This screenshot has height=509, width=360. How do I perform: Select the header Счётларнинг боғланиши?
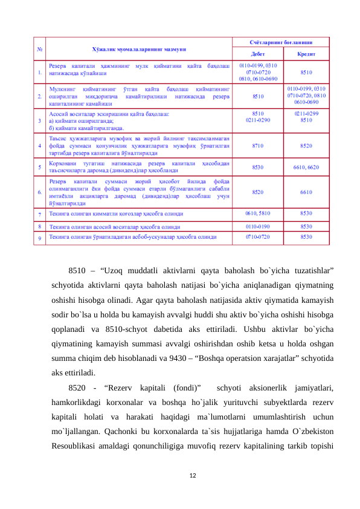point(281,43)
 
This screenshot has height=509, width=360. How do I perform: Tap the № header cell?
point(40,48)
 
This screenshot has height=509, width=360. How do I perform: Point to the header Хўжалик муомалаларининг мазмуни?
point(139,48)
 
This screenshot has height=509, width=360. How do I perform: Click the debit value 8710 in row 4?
point(258,146)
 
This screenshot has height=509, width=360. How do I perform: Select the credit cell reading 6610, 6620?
point(306,167)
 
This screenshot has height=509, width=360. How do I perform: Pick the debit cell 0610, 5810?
point(258,213)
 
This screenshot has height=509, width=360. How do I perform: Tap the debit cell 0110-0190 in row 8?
point(258,225)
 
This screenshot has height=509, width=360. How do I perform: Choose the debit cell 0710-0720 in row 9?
point(258,237)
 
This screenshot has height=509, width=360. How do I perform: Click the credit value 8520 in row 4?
point(306,146)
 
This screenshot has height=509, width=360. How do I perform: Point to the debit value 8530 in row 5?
point(258,167)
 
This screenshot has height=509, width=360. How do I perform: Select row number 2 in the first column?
point(40,96)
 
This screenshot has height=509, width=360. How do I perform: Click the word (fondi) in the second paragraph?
point(185,386)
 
